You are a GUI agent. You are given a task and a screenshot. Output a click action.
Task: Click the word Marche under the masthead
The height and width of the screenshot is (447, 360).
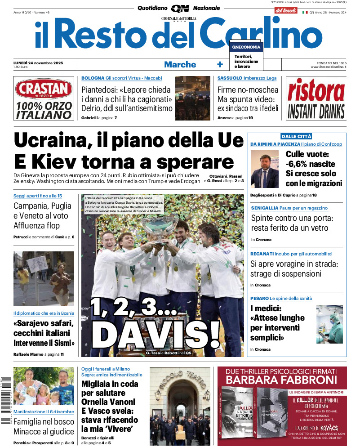180,64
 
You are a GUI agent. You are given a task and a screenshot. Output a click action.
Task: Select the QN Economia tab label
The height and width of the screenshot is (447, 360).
246,47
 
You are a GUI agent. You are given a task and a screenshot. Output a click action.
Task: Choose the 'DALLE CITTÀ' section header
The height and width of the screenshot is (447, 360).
296,136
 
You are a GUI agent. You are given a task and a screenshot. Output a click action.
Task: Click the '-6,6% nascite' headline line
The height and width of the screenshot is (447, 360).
310,164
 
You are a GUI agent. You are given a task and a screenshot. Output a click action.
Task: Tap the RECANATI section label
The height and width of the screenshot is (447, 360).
263,254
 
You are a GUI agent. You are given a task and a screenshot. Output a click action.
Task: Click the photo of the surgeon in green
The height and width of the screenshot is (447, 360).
329,324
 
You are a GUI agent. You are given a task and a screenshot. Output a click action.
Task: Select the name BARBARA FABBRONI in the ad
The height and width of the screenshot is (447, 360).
281,380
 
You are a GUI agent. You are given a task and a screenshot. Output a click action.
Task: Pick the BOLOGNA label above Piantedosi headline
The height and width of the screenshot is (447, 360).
93,78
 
